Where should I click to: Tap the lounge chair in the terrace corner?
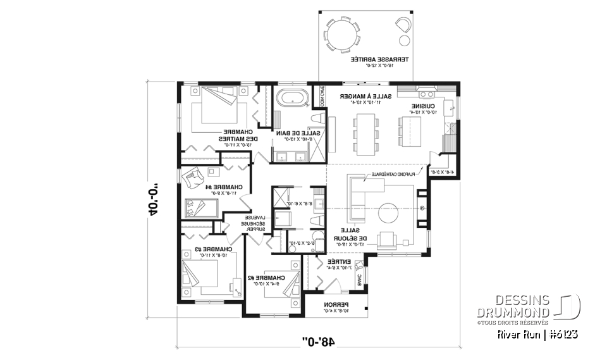(402, 25)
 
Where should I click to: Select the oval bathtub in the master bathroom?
(292, 99)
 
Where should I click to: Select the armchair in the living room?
(386, 240)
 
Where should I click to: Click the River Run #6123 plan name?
(537, 333)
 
